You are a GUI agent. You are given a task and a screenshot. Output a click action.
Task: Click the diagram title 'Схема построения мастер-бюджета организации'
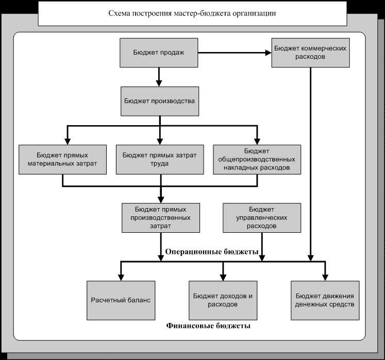click(x=192, y=13)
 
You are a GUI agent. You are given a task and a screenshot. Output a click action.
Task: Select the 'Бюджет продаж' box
click(x=159, y=53)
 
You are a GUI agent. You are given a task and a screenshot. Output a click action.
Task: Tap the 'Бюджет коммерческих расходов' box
click(x=311, y=53)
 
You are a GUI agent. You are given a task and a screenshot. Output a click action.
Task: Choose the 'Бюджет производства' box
click(x=160, y=101)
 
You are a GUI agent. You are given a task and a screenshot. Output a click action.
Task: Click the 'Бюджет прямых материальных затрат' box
click(x=62, y=160)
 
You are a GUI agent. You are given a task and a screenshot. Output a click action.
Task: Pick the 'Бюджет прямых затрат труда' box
click(x=160, y=160)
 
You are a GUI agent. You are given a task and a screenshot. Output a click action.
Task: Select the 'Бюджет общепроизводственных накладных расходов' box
click(x=257, y=160)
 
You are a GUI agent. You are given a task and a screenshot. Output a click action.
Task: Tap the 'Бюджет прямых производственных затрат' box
click(x=161, y=218)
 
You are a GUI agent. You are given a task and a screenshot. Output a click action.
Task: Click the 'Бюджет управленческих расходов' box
click(x=262, y=218)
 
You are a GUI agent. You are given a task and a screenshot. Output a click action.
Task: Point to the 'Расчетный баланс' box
click(x=121, y=300)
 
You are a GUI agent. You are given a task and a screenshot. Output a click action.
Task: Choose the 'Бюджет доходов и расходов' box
click(x=223, y=300)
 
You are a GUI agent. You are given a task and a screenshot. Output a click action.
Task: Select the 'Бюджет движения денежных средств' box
click(x=325, y=300)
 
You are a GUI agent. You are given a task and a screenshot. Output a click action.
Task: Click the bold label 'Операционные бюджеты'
click(x=212, y=252)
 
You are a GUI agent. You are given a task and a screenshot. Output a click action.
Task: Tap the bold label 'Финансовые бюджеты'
click(x=208, y=325)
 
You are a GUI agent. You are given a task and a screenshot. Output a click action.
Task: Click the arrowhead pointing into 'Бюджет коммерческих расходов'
click(x=269, y=53)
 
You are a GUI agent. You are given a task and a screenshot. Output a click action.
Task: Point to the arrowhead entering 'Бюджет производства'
click(x=159, y=83)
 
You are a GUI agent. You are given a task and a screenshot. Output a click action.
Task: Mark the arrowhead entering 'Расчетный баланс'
click(x=121, y=278)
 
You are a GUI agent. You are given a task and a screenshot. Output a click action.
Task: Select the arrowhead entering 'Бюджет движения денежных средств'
click(x=325, y=278)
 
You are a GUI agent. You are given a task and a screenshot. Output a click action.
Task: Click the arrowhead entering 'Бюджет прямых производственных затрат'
click(x=161, y=200)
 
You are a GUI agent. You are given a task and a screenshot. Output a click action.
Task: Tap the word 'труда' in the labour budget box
click(x=159, y=164)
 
